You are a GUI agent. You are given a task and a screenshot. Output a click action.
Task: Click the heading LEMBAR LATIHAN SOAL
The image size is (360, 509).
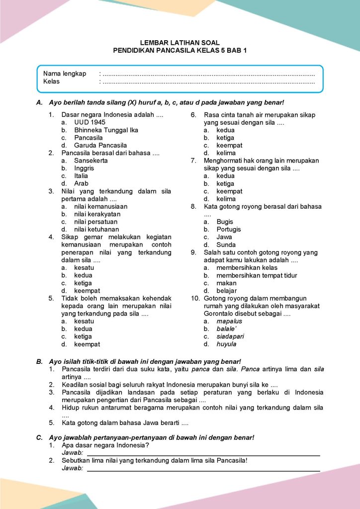180,43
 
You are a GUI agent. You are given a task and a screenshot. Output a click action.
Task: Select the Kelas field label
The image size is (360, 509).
51,82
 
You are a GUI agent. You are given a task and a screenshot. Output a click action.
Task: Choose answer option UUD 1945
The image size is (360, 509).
90,122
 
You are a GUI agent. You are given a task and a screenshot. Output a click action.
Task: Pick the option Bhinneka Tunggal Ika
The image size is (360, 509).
106,130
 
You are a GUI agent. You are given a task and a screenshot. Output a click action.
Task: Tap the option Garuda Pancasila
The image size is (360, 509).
100,145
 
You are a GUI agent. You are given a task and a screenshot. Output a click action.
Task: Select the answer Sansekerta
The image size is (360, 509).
91,161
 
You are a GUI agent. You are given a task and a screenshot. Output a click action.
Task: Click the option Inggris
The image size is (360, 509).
84,168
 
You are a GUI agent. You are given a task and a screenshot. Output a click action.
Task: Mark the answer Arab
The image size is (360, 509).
82,183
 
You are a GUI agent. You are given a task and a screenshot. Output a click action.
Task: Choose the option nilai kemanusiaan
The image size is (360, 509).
100,206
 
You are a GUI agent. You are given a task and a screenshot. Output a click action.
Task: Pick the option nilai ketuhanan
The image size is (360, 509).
96,229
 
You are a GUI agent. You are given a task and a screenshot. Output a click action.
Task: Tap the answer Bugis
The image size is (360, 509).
225,222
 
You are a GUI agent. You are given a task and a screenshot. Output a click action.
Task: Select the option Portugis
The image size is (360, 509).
229,229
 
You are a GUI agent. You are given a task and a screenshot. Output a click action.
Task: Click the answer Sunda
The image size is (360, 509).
226,245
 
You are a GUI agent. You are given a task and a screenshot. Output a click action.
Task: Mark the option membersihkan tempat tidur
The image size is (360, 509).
257,275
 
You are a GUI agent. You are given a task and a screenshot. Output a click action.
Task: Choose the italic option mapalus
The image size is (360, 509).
229,321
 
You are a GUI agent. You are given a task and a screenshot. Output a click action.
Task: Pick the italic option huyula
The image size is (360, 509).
226,344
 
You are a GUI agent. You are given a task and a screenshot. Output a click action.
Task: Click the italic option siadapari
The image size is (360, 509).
230,337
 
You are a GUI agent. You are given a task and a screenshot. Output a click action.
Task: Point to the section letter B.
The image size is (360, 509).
39,361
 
